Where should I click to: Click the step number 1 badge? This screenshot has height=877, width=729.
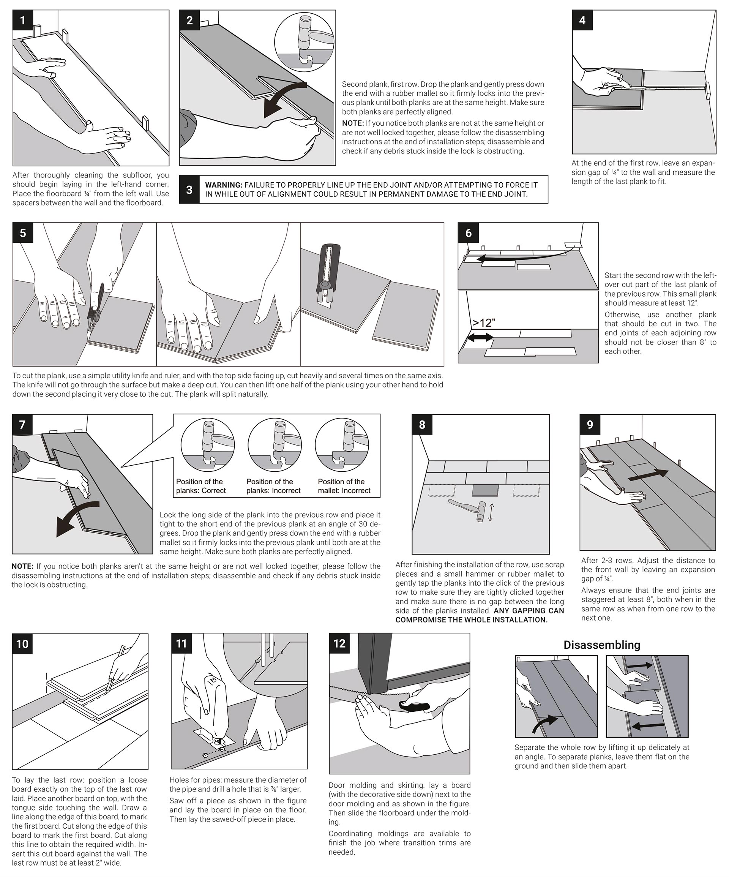coord(22,20)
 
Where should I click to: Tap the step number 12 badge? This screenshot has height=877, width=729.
coord(339,643)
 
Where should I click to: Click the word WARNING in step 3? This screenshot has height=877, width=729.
coord(223,185)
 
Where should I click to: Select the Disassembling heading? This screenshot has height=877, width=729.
coord(601,645)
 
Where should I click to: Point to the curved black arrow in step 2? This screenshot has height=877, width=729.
coord(284,98)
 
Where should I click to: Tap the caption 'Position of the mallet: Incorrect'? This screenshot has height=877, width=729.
coord(344,486)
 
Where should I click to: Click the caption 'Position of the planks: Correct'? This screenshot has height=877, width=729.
coord(201,486)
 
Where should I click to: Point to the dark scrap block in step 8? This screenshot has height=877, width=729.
coord(485,490)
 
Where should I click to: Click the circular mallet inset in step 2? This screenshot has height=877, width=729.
coord(305,42)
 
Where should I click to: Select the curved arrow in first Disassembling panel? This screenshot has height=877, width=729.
coord(545,724)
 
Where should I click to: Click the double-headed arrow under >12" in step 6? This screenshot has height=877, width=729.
coord(480,337)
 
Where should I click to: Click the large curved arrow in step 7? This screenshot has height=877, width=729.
coord(77,518)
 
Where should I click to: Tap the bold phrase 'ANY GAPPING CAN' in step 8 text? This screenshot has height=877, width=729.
coord(529,611)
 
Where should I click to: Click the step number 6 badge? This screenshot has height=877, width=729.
coord(468,232)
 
